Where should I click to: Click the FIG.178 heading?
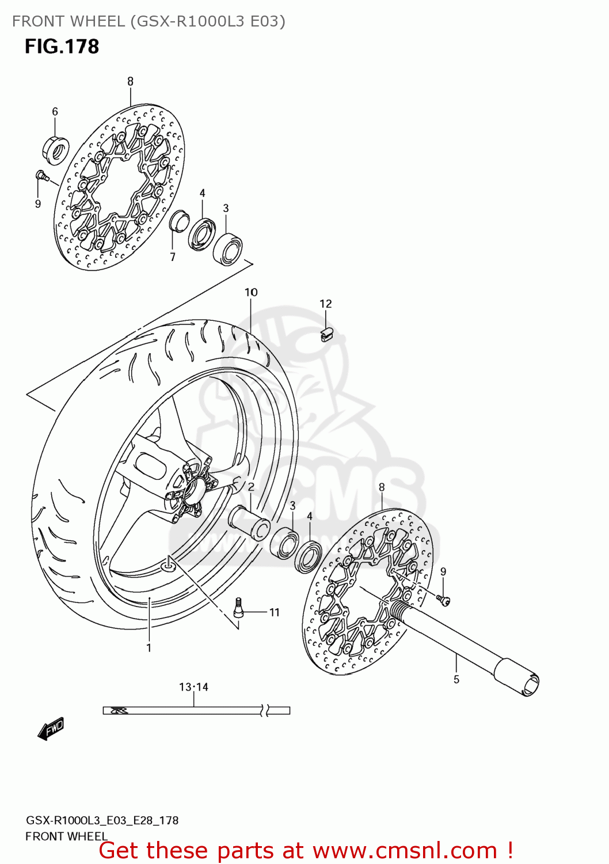[62, 47]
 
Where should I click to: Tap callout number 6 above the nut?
[55, 111]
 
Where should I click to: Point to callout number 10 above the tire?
[251, 293]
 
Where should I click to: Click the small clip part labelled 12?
[326, 334]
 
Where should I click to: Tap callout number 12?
[326, 304]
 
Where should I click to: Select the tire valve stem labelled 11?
[238, 607]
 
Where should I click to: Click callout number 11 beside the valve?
[275, 612]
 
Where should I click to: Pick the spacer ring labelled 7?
[179, 222]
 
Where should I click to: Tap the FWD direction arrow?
[51, 729]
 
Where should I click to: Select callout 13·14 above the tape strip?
[193, 687]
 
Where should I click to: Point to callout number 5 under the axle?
[456, 680]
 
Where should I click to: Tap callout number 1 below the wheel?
[149, 647]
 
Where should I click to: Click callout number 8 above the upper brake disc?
[130, 82]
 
